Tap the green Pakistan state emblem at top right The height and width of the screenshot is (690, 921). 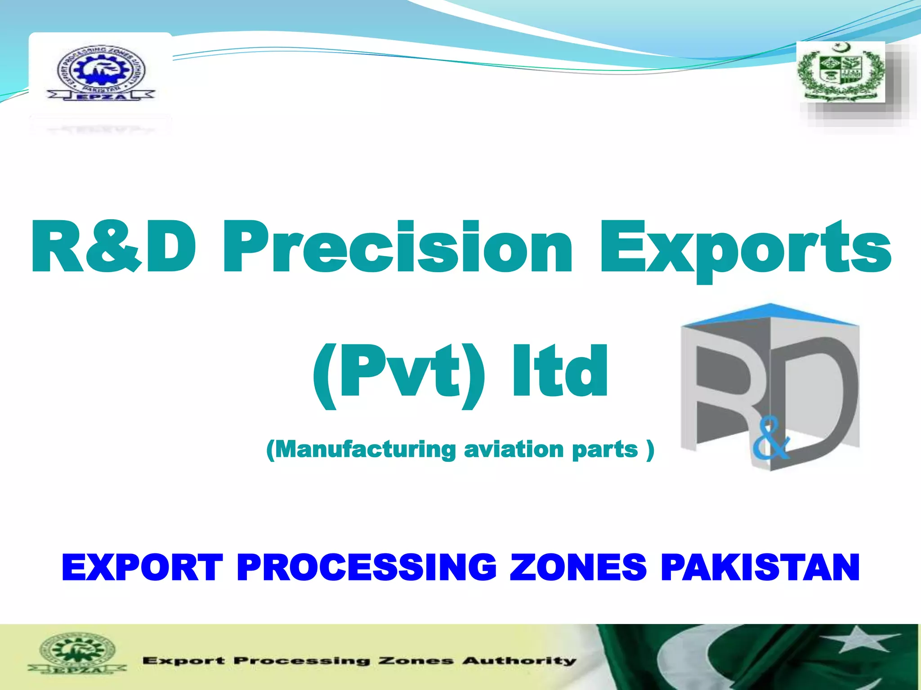[x=841, y=72]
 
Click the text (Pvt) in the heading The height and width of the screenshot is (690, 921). [x=398, y=373]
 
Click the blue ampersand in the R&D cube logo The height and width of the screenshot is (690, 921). [x=770, y=442]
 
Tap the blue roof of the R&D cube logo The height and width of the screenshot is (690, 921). [x=770, y=314]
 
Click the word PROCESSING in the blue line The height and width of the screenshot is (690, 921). [x=367, y=567]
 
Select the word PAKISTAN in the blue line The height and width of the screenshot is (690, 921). [x=760, y=567]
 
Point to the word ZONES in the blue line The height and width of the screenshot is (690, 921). [x=578, y=567]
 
